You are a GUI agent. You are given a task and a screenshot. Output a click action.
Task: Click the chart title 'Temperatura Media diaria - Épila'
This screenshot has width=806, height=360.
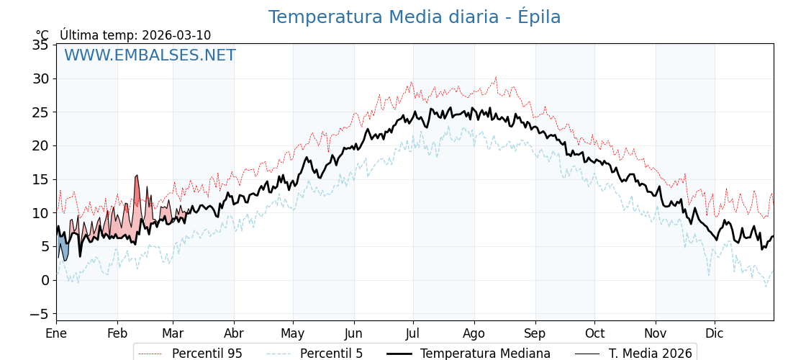point(414,17)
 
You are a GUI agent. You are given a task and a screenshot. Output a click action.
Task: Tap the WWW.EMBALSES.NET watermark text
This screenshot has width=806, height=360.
point(150,55)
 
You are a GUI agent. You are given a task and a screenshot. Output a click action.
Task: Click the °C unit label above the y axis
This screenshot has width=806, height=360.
point(42,35)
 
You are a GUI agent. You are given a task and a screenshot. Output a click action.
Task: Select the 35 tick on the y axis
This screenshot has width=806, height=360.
point(40,45)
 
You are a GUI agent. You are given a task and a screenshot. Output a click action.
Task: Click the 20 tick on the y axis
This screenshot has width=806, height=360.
point(40,145)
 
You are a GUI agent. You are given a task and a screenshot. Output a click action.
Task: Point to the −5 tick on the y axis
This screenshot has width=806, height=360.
point(37,314)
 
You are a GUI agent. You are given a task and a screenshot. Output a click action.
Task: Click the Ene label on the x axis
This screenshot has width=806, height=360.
point(56,333)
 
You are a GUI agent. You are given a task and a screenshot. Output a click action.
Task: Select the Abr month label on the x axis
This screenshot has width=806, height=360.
point(234,333)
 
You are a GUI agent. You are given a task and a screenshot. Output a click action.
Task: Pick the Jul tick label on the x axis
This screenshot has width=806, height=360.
point(413,333)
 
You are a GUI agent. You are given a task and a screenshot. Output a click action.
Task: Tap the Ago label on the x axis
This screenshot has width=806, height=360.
point(474,333)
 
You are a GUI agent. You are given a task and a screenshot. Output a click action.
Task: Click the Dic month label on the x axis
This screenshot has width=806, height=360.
point(715,333)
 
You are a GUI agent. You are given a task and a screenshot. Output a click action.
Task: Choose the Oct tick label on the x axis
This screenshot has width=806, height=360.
point(594,333)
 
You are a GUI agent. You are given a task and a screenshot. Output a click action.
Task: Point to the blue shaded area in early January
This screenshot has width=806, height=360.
point(63,248)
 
